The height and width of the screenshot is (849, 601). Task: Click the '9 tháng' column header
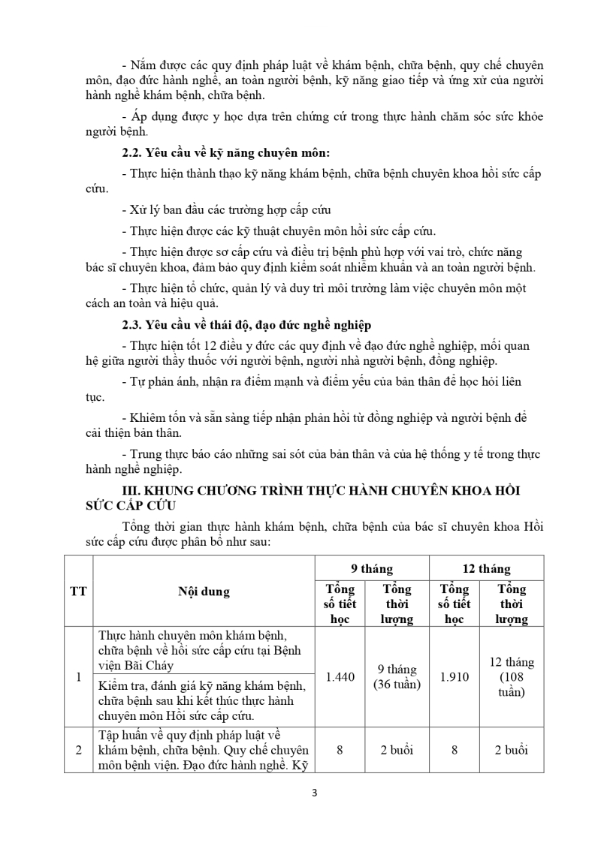click(372, 569)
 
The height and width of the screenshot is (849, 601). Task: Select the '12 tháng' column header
click(486, 569)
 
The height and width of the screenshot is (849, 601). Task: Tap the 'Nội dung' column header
click(204, 592)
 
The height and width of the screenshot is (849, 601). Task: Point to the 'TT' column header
click(78, 592)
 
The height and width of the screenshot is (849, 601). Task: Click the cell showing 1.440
click(340, 676)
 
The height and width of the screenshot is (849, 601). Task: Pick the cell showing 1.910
click(455, 676)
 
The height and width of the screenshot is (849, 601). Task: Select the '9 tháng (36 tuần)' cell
click(397, 676)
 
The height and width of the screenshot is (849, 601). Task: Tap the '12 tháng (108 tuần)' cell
click(511, 676)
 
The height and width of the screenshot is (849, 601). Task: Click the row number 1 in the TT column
click(78, 676)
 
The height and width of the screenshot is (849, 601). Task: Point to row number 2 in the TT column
click(78, 749)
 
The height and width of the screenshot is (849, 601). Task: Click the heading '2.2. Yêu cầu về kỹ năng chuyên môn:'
click(226, 153)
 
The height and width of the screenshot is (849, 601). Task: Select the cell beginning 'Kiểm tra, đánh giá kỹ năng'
click(203, 700)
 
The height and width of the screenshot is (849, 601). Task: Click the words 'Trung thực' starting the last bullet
click(158, 454)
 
